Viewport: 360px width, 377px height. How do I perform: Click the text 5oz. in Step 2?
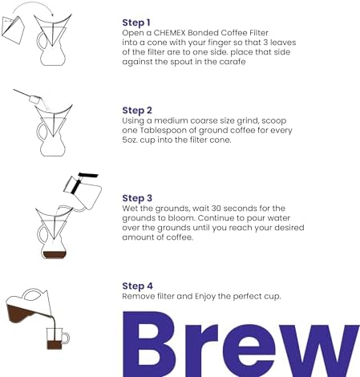click(133, 140)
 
